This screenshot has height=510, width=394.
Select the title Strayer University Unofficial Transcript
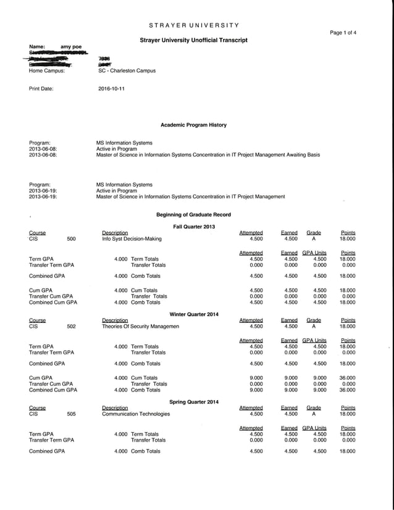[x=194, y=40]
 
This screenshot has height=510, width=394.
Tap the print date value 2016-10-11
[x=111, y=89]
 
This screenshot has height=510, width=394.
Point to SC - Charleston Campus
[x=127, y=71]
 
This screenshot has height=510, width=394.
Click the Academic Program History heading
[x=193, y=125]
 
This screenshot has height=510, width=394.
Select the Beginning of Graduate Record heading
[x=194, y=214]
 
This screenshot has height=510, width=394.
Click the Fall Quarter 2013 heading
[x=194, y=227]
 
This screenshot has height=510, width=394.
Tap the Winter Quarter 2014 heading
[x=194, y=314]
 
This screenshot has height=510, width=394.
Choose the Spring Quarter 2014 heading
[x=194, y=402]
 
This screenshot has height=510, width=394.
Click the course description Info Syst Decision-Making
[x=132, y=238]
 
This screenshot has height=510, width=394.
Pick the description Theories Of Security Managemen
[x=140, y=326]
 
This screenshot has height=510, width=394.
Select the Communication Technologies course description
[x=135, y=414]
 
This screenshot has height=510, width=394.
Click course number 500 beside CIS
[x=71, y=238]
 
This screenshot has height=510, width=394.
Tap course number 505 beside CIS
[x=71, y=414]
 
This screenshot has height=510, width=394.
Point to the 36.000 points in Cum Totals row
[x=347, y=378]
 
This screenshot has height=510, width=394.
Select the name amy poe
[x=71, y=47]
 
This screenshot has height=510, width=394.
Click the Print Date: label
[x=41, y=89]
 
